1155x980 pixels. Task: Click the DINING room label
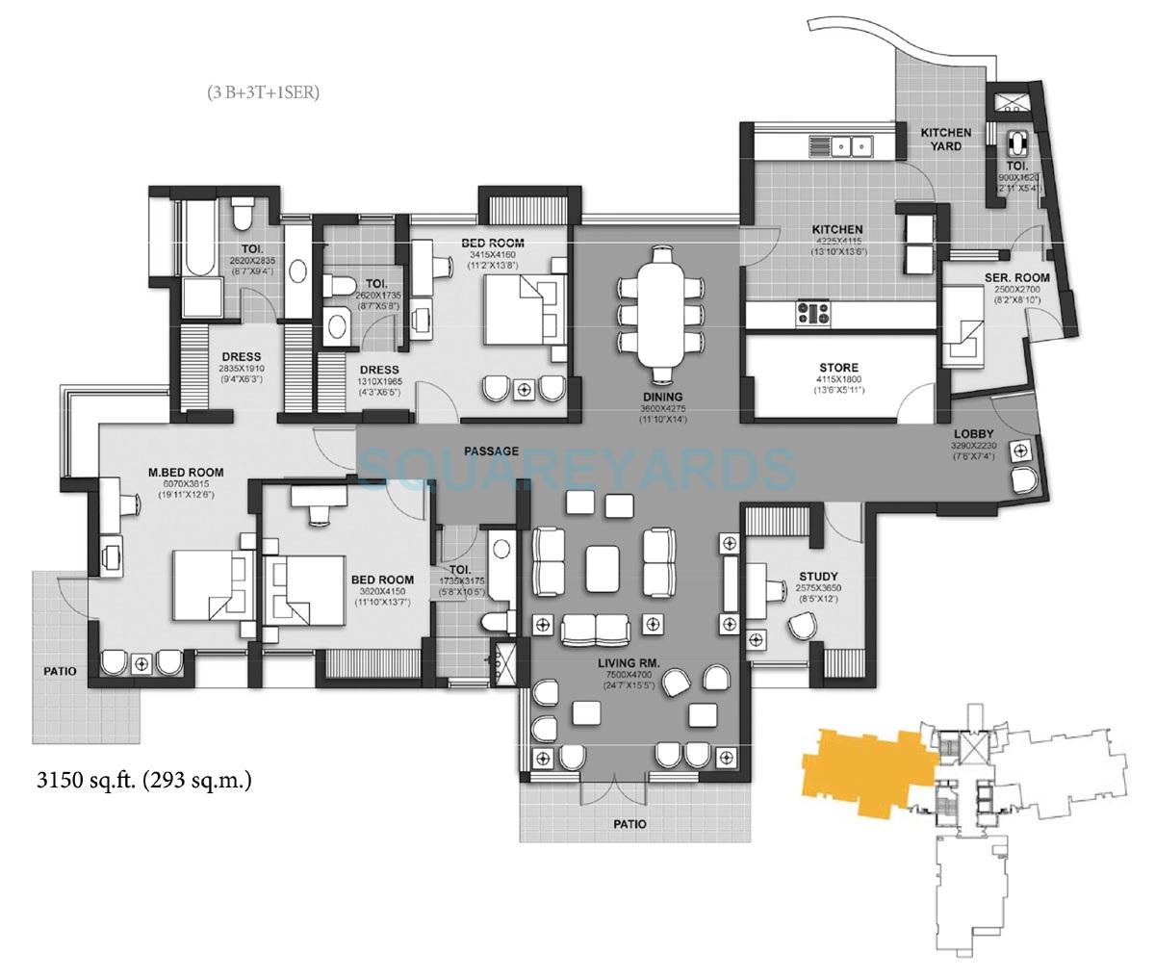click(660, 397)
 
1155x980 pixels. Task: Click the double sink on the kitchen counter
click(849, 147)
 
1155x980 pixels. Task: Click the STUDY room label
click(817, 577)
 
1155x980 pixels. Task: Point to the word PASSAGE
click(491, 451)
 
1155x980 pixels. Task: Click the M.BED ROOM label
click(186, 472)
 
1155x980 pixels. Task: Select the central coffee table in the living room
click(603, 561)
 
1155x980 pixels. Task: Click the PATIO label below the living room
click(629, 824)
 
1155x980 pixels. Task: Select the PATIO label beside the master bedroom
click(59, 670)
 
